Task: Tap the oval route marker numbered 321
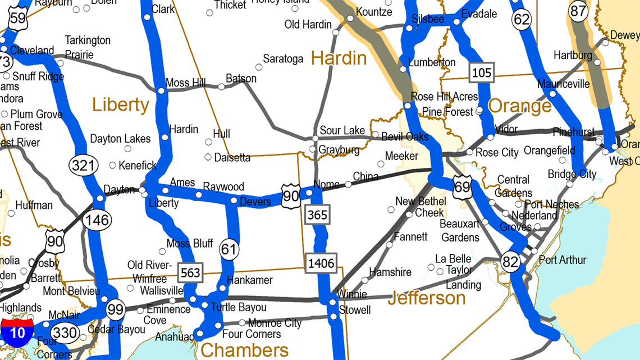pos(83,165)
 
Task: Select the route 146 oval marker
pos(97,220)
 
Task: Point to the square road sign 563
pos(190,272)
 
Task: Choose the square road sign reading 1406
pos(321,262)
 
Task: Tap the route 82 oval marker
pos(510,262)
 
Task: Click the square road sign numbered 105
pos(482,72)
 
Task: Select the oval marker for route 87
pos(578,11)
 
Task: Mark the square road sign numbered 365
pos(317,214)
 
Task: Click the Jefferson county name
pos(427,297)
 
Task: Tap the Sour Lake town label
pos(342,130)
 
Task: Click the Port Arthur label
pos(562,259)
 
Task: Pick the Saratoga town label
pos(283,58)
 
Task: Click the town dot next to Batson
pos(221,86)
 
